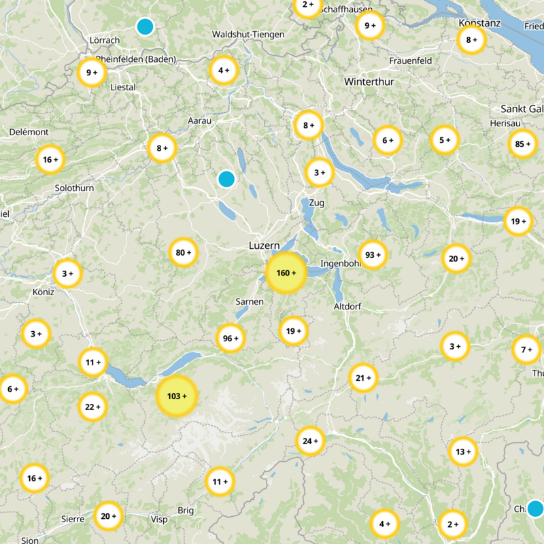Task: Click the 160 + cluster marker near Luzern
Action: click(x=286, y=273)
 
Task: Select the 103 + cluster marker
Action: click(x=177, y=396)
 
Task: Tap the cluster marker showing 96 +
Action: click(x=231, y=339)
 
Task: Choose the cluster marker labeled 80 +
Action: click(x=184, y=253)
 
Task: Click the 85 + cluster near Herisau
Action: click(x=523, y=144)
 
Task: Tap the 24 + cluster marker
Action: click(x=310, y=441)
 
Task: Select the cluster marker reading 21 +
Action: click(x=363, y=378)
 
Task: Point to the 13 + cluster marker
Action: click(x=463, y=452)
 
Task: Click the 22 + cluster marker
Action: click(x=92, y=407)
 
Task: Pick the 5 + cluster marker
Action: click(x=445, y=141)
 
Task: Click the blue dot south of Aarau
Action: click(x=226, y=180)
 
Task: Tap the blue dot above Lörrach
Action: click(x=145, y=27)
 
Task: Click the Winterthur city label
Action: click(x=369, y=82)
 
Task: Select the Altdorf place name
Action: click(x=347, y=307)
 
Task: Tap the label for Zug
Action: click(x=316, y=203)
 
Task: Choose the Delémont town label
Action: click(x=29, y=131)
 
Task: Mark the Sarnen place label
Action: click(x=249, y=301)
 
